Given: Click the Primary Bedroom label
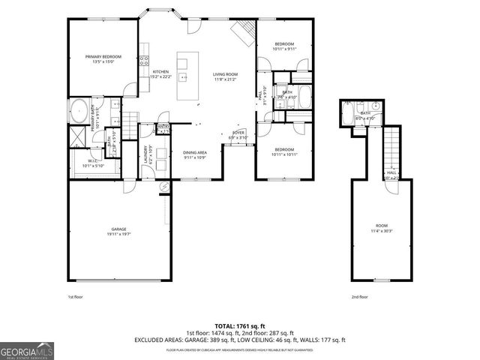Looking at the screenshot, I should [103, 58].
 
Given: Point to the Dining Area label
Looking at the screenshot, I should [195, 154].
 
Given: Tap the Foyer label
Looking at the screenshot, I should [237, 134].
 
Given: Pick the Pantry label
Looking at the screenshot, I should [163, 128].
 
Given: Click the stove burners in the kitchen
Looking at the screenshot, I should [143, 61].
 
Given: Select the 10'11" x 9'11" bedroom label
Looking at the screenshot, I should [283, 47].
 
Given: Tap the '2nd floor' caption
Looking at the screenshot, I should [360, 297].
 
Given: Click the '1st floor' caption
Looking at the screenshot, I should [76, 297].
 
